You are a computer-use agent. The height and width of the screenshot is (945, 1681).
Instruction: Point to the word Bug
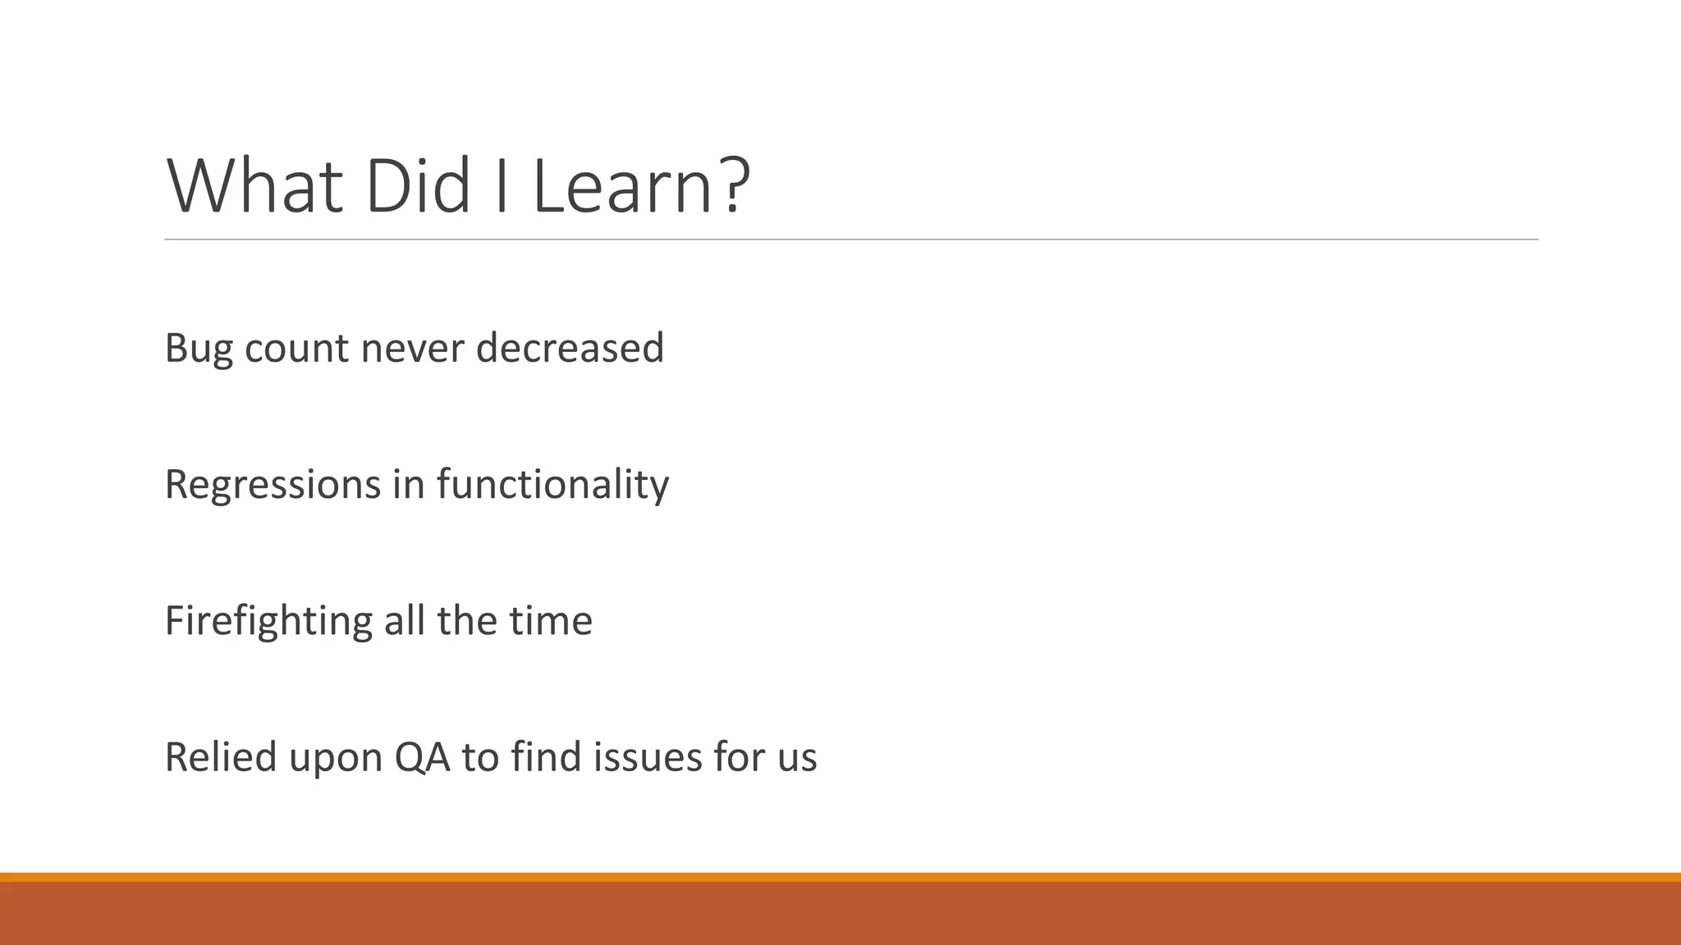click(x=199, y=349)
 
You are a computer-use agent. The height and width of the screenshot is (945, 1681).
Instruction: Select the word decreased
click(x=570, y=349)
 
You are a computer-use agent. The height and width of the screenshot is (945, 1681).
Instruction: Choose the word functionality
click(x=552, y=484)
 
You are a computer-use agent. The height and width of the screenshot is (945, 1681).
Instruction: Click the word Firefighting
click(x=268, y=620)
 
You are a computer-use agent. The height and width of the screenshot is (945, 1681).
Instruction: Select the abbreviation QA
click(x=423, y=756)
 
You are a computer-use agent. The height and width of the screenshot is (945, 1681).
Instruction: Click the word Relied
click(x=220, y=756)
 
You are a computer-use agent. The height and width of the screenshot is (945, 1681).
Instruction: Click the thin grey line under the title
click(x=850, y=240)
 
